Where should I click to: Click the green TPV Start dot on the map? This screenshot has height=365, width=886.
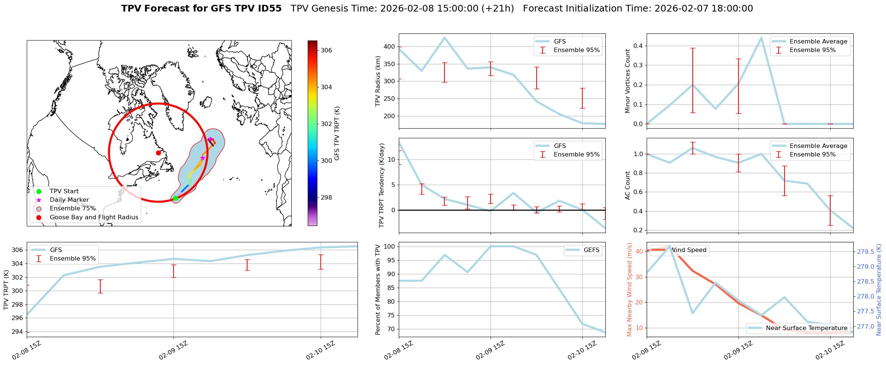pos(175,198)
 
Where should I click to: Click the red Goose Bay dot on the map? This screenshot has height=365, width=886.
pos(158,153)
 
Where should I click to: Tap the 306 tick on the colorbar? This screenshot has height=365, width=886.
pos(326,50)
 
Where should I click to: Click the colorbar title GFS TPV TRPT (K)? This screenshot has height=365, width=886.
pos(337,133)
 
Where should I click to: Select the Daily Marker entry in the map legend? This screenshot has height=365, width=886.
pos(69,200)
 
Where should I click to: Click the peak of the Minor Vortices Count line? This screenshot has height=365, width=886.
pos(761,38)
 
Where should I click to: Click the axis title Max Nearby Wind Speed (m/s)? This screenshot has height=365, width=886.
pos(629,290)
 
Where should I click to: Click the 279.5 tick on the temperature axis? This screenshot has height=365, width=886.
pos(866,252)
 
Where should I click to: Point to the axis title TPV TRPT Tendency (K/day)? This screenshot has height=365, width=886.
pos(381,185)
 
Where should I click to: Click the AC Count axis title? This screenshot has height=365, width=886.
pos(628,185)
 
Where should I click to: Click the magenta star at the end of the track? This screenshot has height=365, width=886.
pos(210,139)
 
